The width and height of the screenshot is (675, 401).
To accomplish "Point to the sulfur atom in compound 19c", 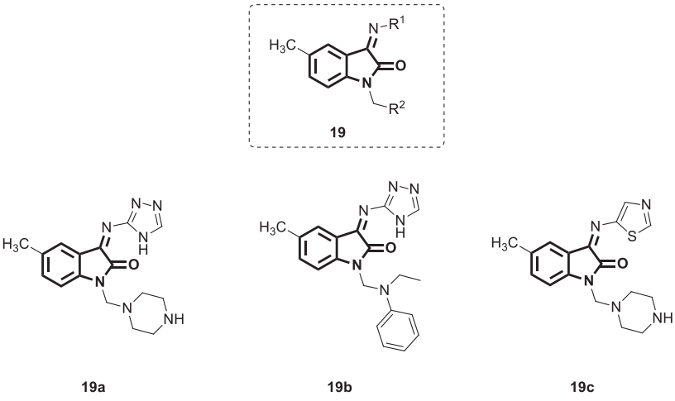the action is (x=609, y=222).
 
